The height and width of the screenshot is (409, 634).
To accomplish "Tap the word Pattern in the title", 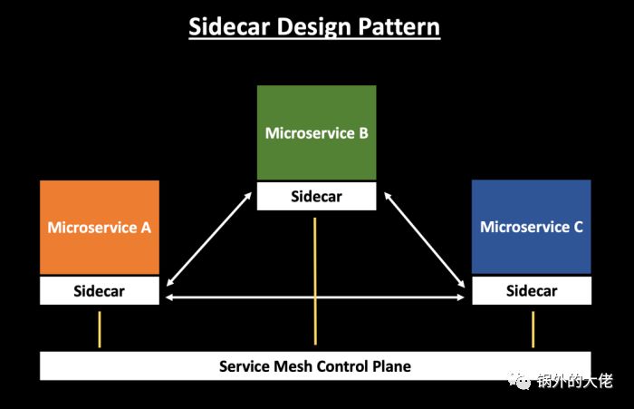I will click(x=398, y=26).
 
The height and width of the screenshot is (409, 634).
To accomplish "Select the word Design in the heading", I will click(x=312, y=26).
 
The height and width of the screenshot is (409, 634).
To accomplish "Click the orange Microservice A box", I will click(x=100, y=227).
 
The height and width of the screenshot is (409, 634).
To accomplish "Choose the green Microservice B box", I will click(x=316, y=132).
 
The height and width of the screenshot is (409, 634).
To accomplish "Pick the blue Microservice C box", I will click(x=532, y=227).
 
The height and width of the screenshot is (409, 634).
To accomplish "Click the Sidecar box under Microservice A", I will click(x=100, y=291).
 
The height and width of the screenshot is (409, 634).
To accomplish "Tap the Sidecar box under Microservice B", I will click(x=316, y=197).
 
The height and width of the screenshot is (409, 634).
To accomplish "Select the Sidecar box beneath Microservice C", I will click(x=532, y=291).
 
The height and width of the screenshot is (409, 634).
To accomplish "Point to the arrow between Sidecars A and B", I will click(x=207, y=239).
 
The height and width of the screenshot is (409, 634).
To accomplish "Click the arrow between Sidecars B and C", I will click(x=425, y=239).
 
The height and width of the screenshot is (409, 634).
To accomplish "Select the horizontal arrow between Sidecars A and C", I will click(x=315, y=297).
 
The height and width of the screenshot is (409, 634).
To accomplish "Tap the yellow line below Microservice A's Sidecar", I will click(x=100, y=329).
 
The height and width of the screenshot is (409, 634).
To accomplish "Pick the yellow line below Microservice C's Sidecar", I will click(x=533, y=329).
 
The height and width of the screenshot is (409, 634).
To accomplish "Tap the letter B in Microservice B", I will click(x=362, y=132).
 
